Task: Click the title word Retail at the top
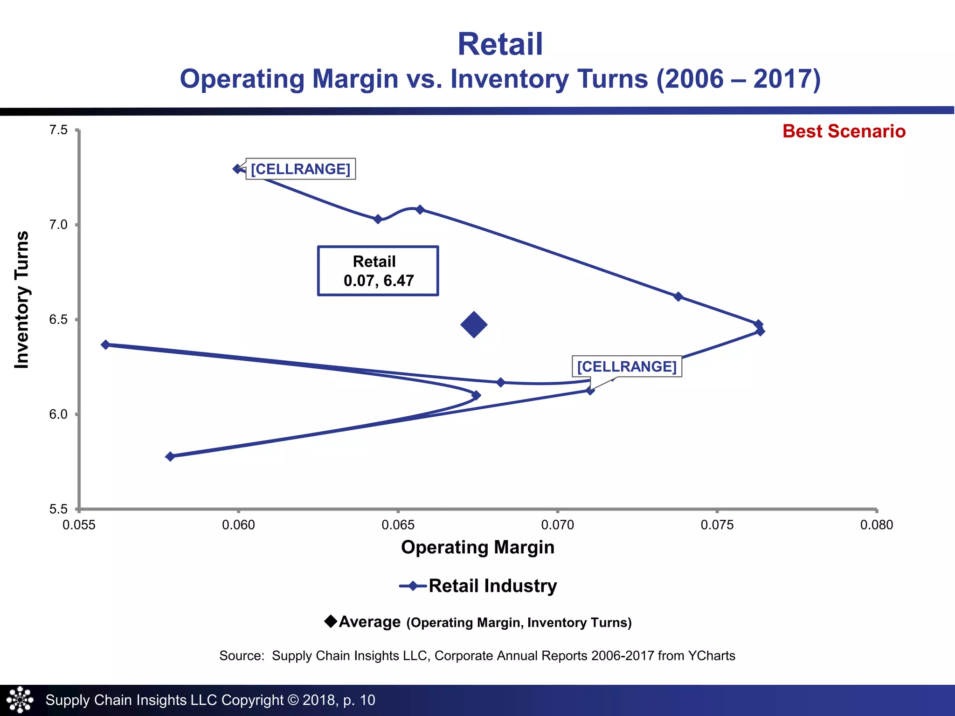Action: coord(500,45)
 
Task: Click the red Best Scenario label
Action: coord(844,131)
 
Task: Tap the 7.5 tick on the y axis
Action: coord(59,130)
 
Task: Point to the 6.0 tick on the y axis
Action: coord(59,414)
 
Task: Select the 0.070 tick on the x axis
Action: coord(557,525)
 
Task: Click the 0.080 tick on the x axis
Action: coord(876,525)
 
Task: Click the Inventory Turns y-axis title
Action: coord(22,300)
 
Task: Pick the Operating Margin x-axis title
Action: coord(477,547)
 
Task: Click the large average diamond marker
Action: coord(474,325)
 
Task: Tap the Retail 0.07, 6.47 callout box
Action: coord(378,271)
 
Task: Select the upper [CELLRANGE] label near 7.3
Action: coord(300,169)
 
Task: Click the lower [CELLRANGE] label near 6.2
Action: coord(626,366)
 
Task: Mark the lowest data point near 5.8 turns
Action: coord(170,456)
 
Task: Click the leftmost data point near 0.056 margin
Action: coord(106,344)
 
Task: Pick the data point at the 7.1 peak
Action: coord(420,209)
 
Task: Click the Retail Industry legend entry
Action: coord(478,586)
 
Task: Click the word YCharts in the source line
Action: coord(712,656)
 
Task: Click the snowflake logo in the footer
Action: coord(20,700)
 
